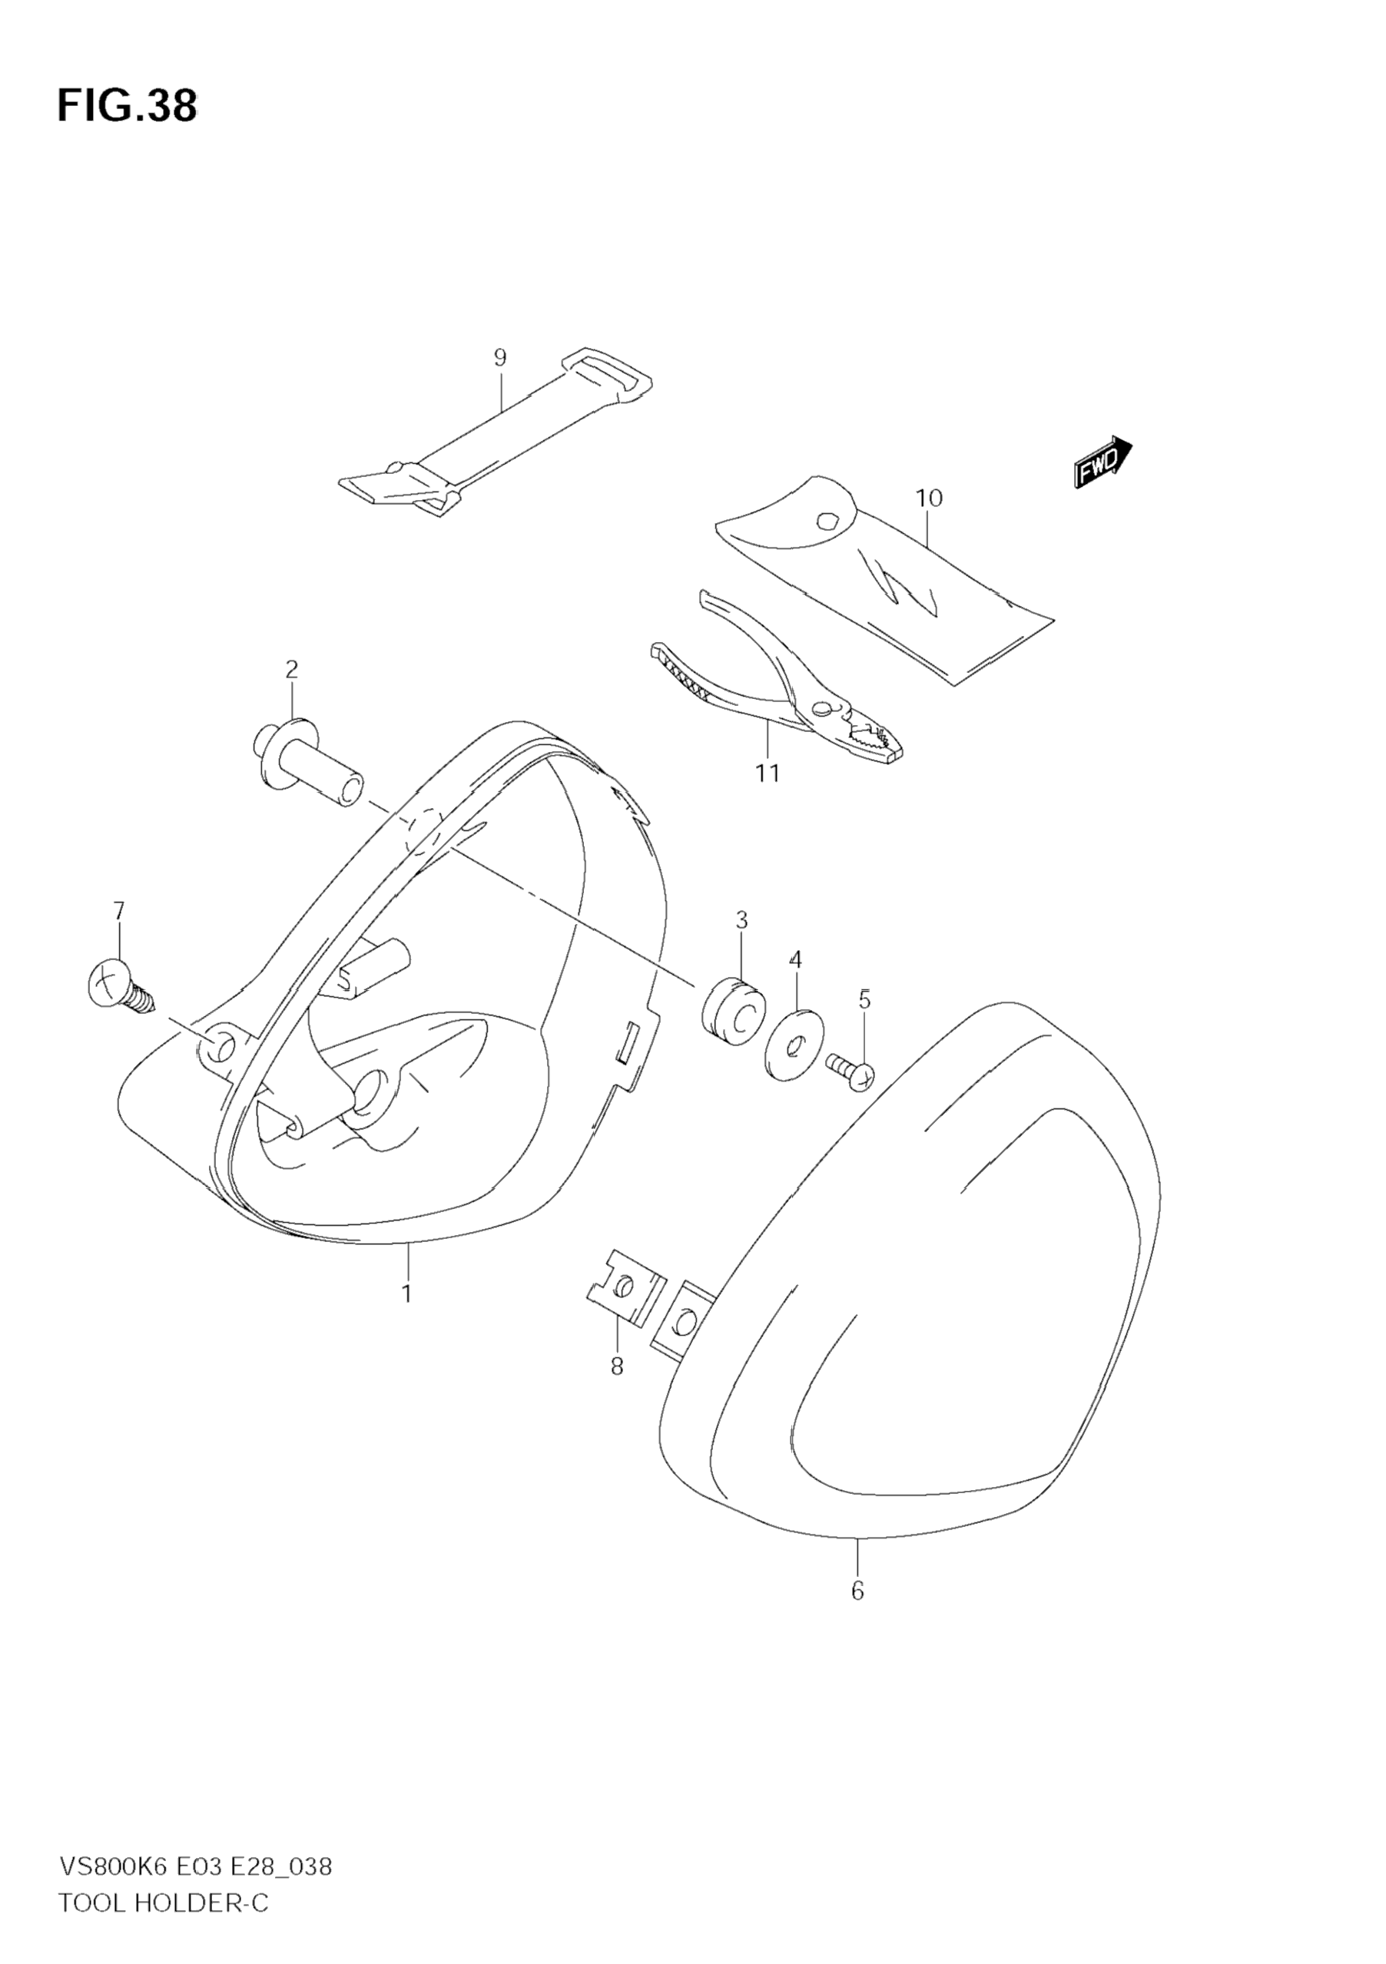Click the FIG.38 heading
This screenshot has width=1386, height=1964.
(x=127, y=106)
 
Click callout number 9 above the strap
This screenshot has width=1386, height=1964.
(x=500, y=358)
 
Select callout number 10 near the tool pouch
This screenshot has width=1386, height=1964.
(x=928, y=498)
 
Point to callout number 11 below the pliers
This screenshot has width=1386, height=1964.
(x=768, y=773)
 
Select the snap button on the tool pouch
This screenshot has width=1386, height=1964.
(x=827, y=520)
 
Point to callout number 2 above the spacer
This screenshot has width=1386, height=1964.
(x=292, y=669)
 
